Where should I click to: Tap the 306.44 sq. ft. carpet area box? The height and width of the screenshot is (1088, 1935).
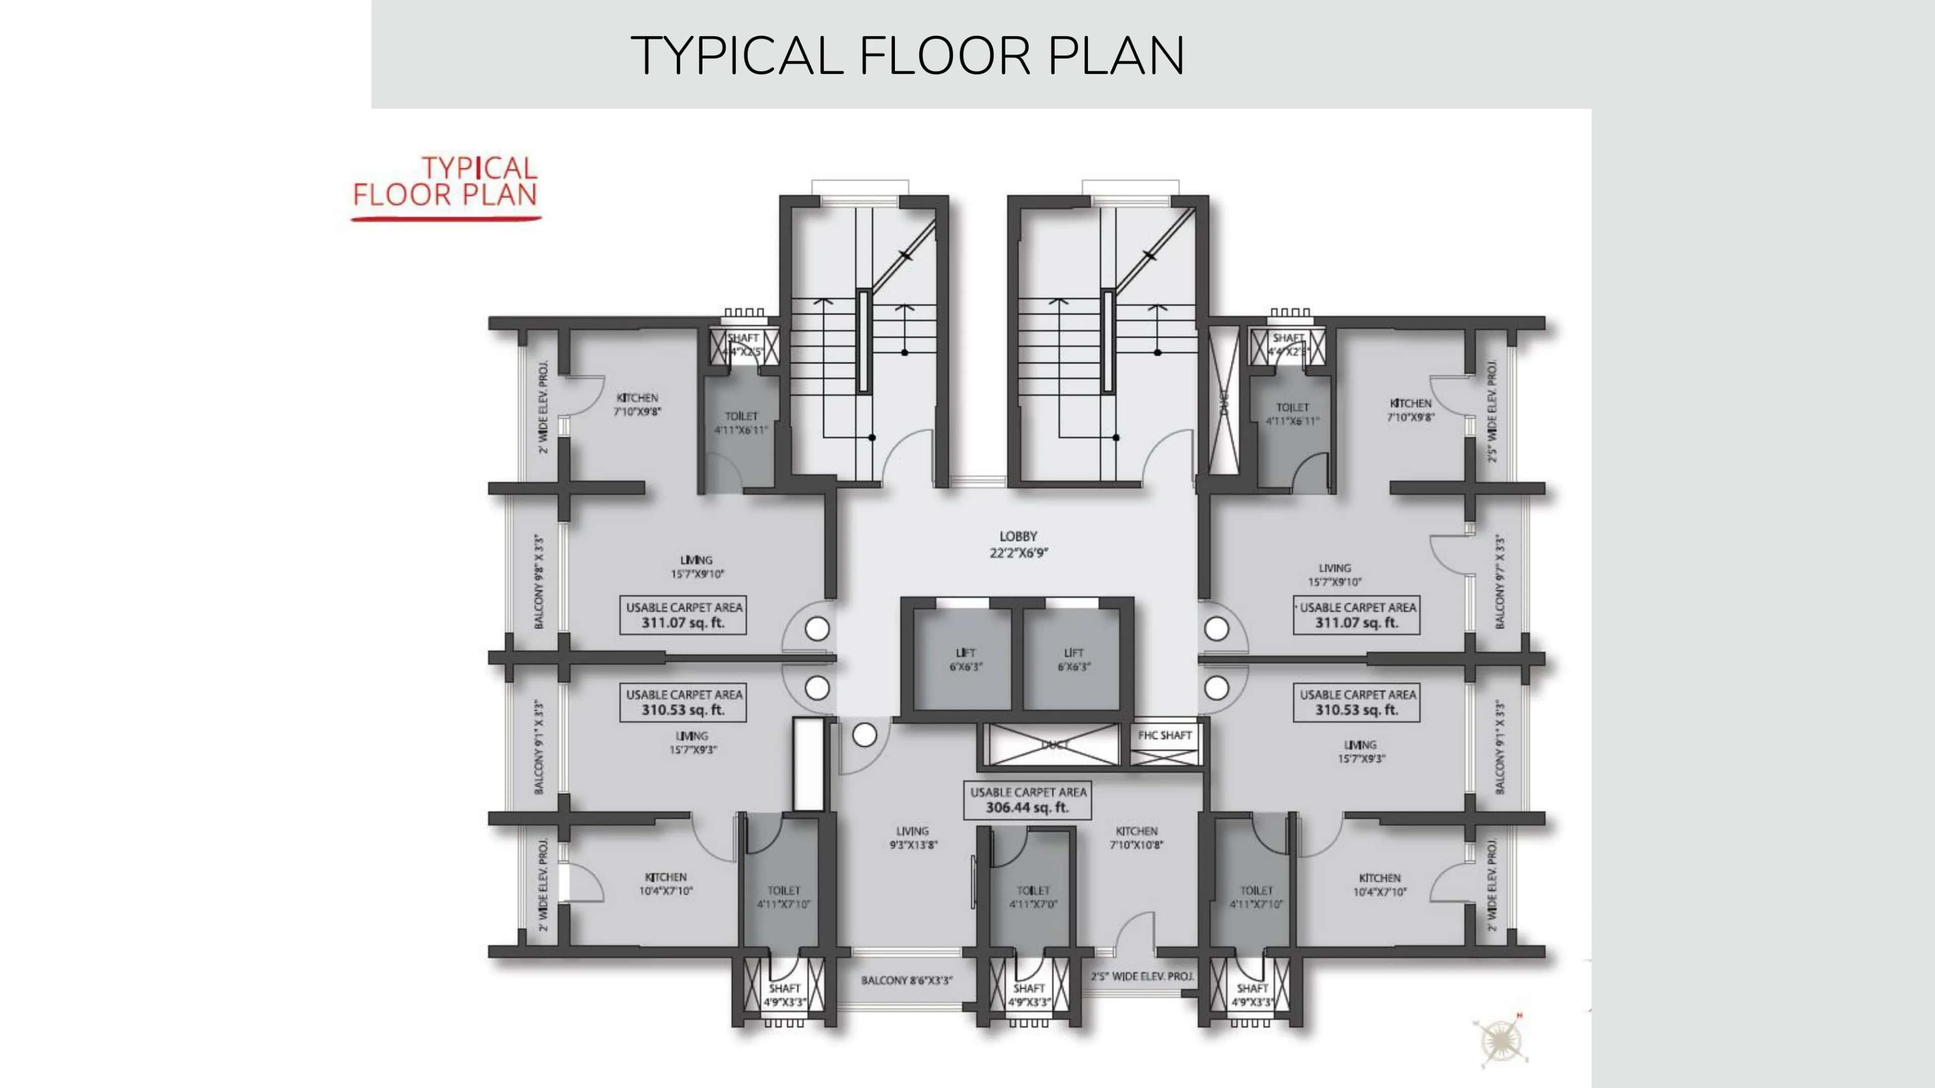pos(1027,800)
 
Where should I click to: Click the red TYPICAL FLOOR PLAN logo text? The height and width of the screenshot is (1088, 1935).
pos(445,182)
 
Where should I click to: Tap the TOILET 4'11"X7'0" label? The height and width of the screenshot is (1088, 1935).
pos(1033,897)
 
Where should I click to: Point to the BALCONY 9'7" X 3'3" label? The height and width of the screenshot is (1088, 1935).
pos(1501,581)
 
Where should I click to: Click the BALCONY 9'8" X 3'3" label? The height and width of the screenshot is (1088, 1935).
pos(539,581)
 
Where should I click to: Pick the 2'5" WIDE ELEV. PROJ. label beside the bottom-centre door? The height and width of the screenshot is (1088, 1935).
pos(1142,977)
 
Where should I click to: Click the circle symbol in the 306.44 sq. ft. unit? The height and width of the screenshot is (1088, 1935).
pos(865,735)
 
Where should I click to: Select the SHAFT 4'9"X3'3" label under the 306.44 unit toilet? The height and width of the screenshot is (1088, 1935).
pos(1028,995)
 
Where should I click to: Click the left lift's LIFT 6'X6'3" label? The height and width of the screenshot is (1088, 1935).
pos(965,659)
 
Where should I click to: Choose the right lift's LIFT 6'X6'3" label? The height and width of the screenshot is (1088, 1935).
pos(1073,659)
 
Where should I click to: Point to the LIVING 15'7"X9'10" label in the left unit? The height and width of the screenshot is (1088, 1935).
pos(696,567)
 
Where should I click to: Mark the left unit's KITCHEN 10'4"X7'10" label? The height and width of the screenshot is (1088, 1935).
pos(666,884)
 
